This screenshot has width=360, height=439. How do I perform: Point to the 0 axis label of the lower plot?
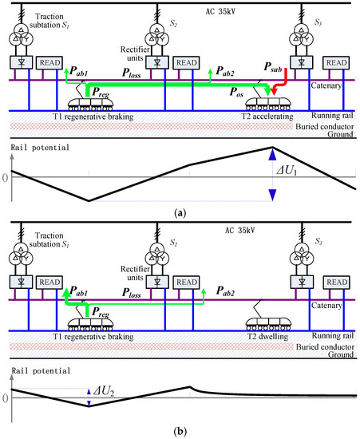point(5,396)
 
